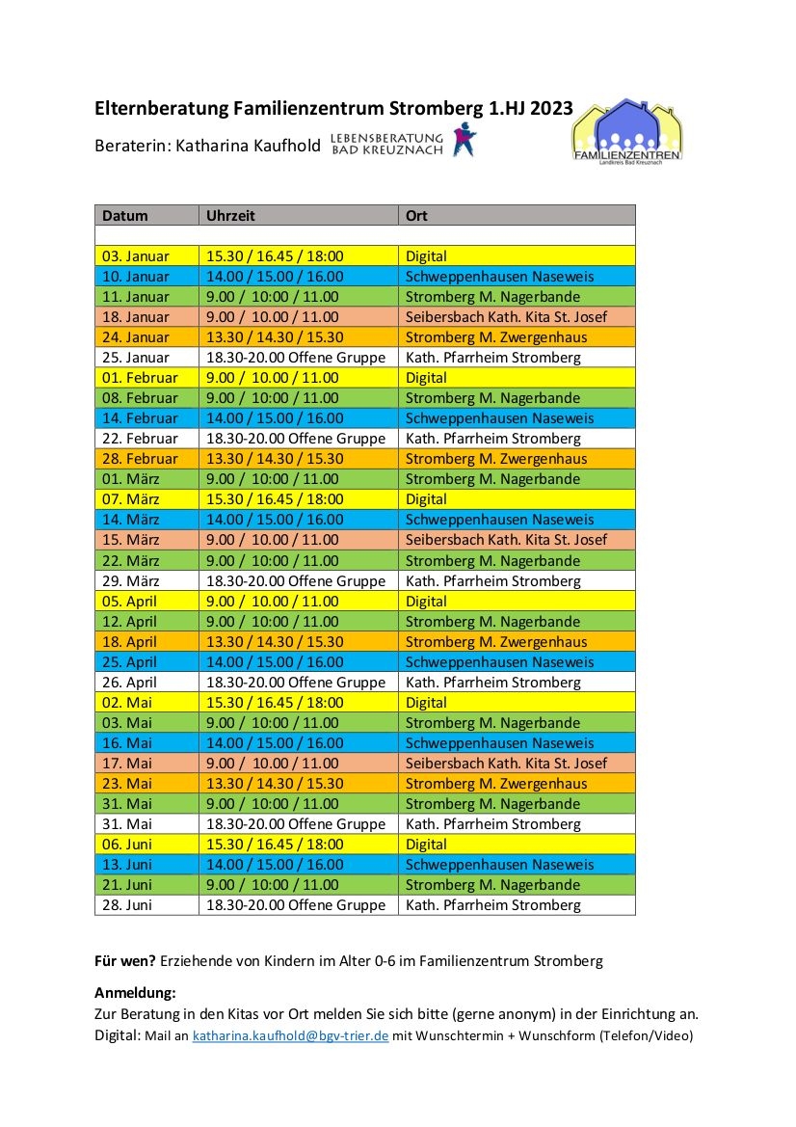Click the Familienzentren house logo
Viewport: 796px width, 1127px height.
tap(625, 131)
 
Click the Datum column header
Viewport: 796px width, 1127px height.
tap(125, 216)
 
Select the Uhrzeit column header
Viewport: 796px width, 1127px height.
tap(230, 216)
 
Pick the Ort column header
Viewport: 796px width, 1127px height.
tap(416, 216)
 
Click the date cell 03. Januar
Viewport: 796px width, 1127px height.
tap(135, 256)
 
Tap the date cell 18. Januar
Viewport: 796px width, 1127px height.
tap(135, 317)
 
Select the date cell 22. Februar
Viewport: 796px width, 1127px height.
tap(140, 439)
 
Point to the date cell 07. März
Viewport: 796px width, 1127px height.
tap(131, 499)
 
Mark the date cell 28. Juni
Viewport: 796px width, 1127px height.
tap(127, 905)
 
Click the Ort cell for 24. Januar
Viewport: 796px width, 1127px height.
tap(496, 337)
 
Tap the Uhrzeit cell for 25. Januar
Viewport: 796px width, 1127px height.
tap(296, 358)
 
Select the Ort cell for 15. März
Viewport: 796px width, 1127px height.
tap(506, 540)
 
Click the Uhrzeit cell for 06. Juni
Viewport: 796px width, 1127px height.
tap(275, 845)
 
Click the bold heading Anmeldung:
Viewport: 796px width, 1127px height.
tap(136, 993)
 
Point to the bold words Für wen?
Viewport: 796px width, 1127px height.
tap(125, 961)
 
